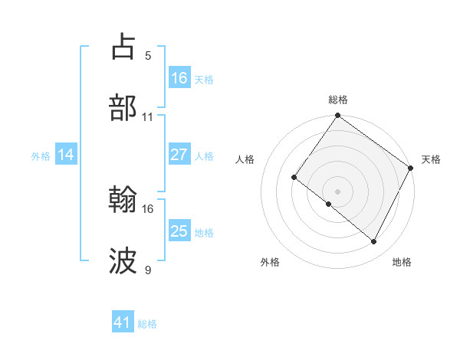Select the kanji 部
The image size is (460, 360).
[x=123, y=109]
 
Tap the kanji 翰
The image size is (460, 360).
[x=123, y=201]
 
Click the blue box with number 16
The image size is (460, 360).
[x=179, y=78]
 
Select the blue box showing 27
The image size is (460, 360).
[x=179, y=154]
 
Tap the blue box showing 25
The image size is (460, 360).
[x=179, y=231]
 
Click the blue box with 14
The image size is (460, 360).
[x=66, y=155]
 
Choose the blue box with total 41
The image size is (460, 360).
[x=123, y=322]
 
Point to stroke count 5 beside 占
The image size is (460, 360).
[x=148, y=56]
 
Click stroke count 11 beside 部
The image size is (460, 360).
[x=148, y=117]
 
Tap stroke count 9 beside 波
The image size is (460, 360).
[x=148, y=270]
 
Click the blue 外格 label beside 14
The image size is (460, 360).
[x=41, y=155]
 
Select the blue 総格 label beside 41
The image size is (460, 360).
[x=147, y=324]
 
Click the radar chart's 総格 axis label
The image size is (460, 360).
[x=338, y=100]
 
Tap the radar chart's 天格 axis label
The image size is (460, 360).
[x=431, y=159]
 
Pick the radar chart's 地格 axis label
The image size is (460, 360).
[x=402, y=262]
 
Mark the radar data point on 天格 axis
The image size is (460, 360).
[x=411, y=168]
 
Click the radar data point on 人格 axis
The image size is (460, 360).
[x=294, y=178]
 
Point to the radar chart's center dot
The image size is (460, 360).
[x=337, y=191]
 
